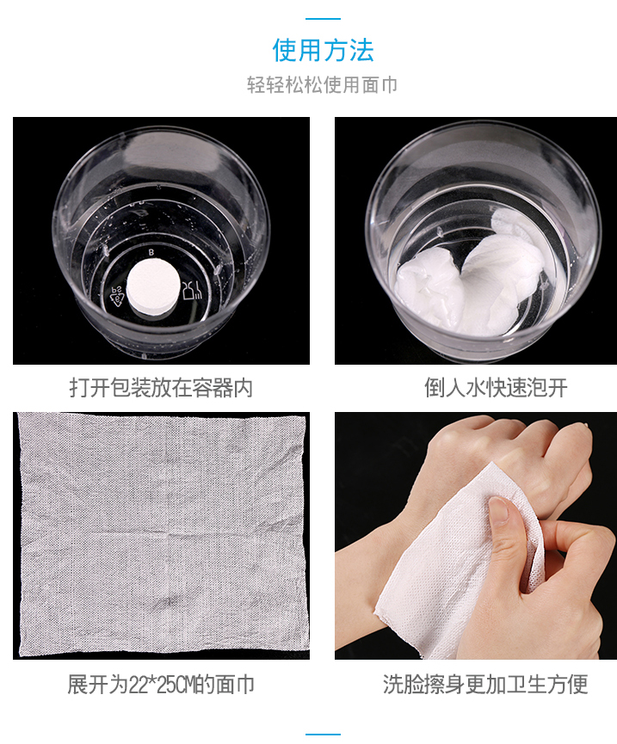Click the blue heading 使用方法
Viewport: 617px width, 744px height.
click(323, 50)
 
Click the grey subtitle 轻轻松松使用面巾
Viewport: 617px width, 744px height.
click(322, 85)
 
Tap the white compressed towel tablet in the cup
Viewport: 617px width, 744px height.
click(154, 286)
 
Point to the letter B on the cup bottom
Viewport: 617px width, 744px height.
click(151, 252)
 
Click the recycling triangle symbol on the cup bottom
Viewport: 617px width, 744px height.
click(117, 296)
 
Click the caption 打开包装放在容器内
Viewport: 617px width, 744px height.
click(161, 388)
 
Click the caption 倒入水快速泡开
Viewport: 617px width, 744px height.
click(496, 388)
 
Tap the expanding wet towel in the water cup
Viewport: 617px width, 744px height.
click(470, 280)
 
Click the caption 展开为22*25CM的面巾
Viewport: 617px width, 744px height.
click(161, 685)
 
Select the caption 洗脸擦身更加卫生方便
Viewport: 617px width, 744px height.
click(485, 685)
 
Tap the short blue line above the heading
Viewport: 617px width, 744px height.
click(323, 19)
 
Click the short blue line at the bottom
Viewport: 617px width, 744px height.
click(323, 735)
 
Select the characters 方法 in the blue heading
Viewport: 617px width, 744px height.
click(349, 50)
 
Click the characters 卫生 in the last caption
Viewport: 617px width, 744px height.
click(527, 685)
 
